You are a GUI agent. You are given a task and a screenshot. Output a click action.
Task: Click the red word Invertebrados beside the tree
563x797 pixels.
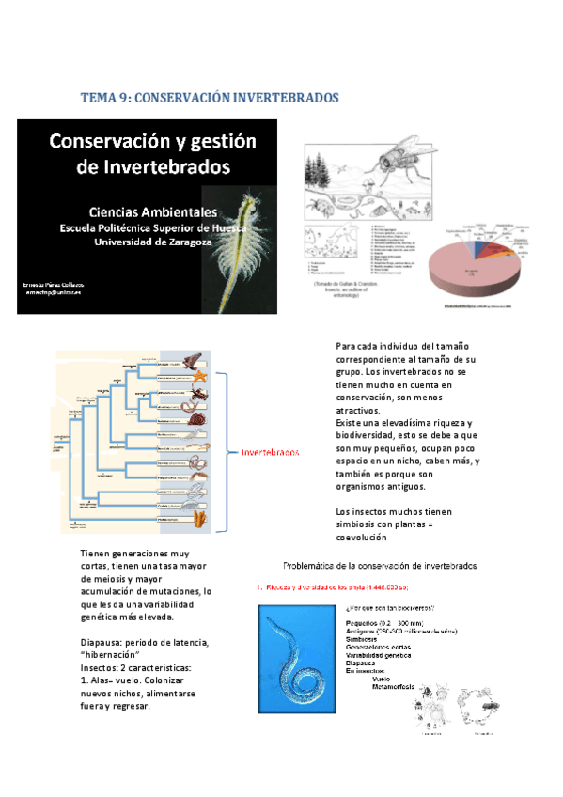tap(271, 453)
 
